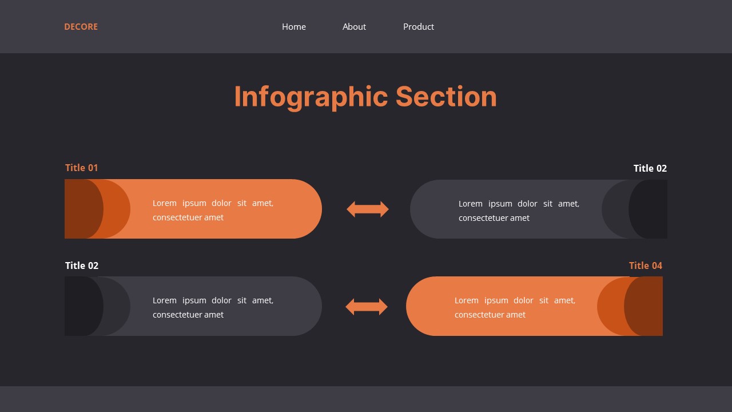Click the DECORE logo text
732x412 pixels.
(x=81, y=27)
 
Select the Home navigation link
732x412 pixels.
(x=294, y=27)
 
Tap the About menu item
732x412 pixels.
(x=354, y=27)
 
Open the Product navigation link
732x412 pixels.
(x=419, y=27)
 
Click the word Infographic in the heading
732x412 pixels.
(x=311, y=97)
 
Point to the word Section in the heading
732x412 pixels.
(x=446, y=97)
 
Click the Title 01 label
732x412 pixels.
(x=82, y=168)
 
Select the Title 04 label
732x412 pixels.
(x=646, y=266)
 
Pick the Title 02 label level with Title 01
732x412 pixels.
(x=650, y=168)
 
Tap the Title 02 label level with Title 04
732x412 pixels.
(x=82, y=266)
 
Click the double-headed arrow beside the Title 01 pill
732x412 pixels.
(x=368, y=209)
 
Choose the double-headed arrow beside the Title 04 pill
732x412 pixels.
(x=367, y=307)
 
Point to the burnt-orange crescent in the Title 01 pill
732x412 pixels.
(x=118, y=209)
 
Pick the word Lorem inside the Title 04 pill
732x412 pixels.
(x=467, y=300)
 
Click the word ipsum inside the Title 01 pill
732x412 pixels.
(x=194, y=203)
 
